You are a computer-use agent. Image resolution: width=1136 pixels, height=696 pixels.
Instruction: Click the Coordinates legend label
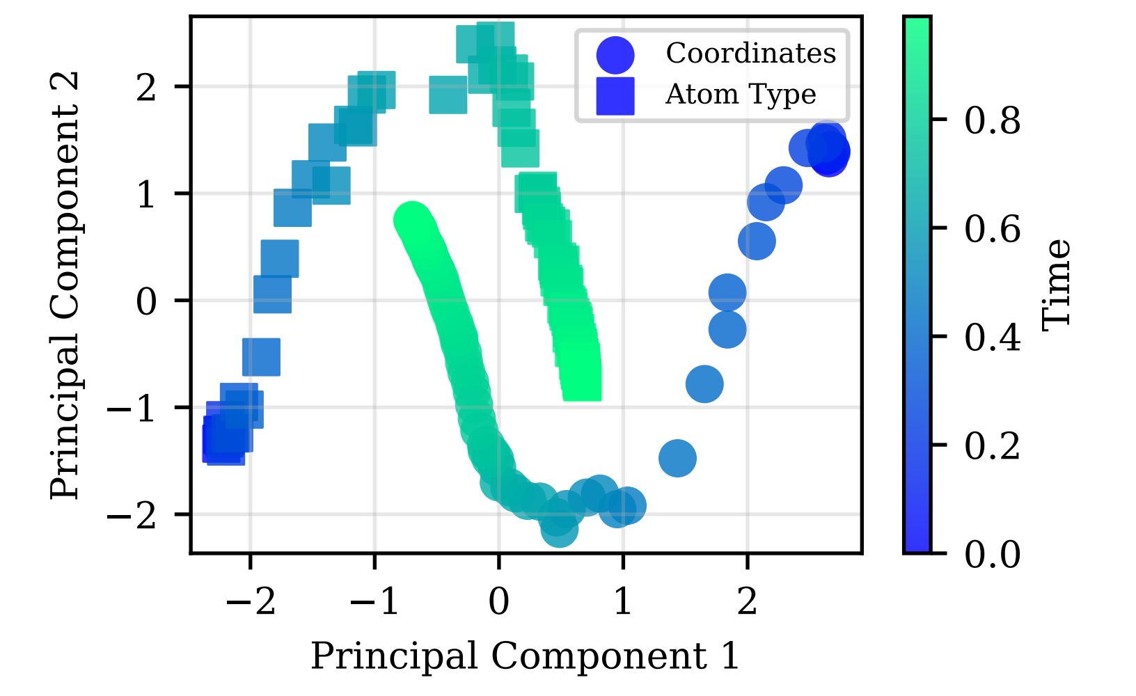pos(750,54)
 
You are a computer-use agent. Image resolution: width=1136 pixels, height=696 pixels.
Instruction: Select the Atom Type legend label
pos(740,95)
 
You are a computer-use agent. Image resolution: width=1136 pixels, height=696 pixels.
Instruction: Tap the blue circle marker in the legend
pos(615,55)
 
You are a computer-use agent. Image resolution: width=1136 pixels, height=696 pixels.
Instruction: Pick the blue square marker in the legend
pos(615,95)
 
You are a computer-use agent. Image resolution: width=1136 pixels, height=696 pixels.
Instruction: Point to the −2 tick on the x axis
pos(251,601)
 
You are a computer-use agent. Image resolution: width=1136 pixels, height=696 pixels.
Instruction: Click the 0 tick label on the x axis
pos(498,601)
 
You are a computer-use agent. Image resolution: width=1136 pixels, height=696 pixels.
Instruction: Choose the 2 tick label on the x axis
pos(747,601)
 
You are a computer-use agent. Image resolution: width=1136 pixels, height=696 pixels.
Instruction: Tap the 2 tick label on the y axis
pos(146,87)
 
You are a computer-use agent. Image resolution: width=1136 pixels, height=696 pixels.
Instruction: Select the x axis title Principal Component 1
pos(526,656)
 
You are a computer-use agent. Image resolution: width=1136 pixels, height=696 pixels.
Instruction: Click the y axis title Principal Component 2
pos(66,285)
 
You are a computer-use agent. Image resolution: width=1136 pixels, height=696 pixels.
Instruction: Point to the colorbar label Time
pos(1057,284)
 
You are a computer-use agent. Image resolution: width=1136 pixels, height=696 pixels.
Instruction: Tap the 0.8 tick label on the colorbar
pos(993,120)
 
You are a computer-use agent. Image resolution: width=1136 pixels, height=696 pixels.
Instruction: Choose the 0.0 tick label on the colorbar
pos(993,555)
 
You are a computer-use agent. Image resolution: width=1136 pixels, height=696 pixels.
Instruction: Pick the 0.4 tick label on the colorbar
pos(993,338)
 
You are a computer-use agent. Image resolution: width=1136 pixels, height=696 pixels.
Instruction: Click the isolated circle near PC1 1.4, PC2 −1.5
pos(677,458)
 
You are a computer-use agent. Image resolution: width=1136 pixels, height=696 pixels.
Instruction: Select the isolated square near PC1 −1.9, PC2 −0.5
pos(262,357)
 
